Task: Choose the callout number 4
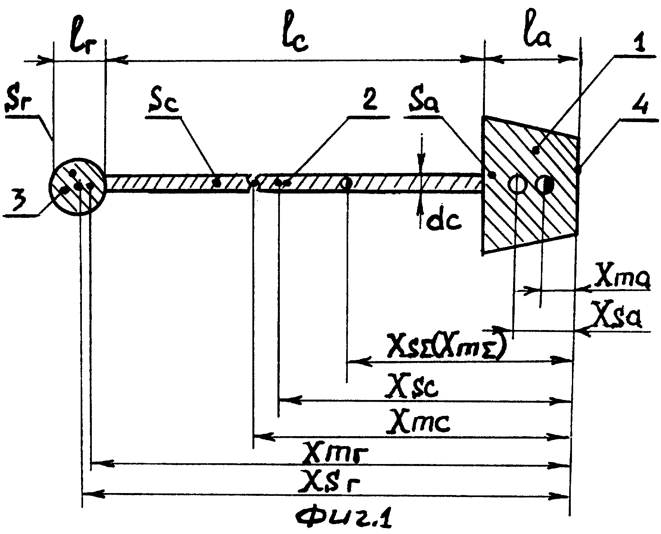(x=642, y=108)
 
